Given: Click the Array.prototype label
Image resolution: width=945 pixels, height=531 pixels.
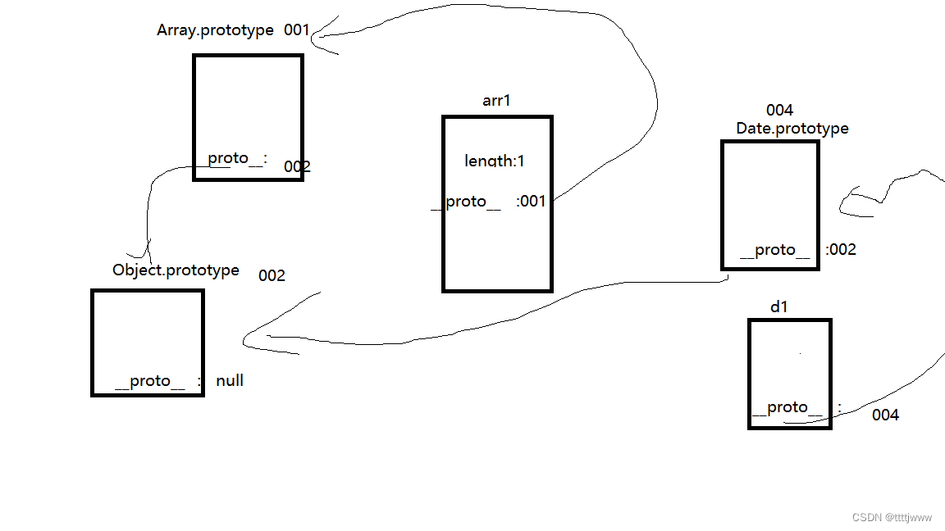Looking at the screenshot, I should tap(215, 30).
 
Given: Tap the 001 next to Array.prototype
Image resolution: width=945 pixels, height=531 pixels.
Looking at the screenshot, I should tap(297, 30).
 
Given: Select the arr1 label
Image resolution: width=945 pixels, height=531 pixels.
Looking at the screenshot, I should tap(496, 100).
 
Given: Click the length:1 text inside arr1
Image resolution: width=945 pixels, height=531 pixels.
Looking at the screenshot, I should tap(495, 161).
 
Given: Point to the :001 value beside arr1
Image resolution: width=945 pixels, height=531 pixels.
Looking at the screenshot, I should tap(532, 201).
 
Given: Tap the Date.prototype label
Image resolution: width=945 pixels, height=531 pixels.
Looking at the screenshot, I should tap(792, 129).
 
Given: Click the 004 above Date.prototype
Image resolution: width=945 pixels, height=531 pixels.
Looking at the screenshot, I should tap(779, 111).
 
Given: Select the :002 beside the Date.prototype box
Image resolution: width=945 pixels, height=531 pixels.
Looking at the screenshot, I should tap(841, 250).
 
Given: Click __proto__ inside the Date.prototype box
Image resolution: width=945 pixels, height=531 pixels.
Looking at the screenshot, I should tap(774, 250).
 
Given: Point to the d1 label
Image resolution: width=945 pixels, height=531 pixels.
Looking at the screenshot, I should tap(779, 306).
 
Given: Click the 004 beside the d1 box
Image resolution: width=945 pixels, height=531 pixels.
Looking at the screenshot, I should tap(885, 415).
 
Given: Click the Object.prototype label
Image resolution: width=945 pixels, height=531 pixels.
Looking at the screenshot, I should tap(176, 270).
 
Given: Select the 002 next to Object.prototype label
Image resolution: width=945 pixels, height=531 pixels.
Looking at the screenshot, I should tap(272, 275).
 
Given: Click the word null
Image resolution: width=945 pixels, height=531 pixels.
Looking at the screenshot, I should tap(230, 381).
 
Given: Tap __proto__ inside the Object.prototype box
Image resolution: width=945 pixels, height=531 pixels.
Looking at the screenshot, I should tap(150, 381).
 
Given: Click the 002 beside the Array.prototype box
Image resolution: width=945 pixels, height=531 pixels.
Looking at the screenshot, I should tap(297, 167).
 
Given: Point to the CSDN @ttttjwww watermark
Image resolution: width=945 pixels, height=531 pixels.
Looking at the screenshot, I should tap(892, 518).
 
